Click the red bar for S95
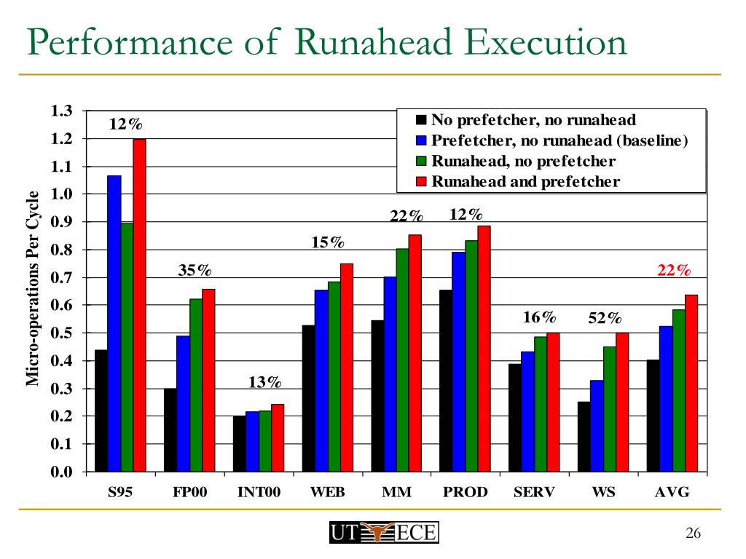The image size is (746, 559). pos(139,305)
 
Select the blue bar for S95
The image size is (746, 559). pos(114,323)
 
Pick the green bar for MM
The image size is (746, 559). pos(402,360)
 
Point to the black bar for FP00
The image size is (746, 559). pos(170,429)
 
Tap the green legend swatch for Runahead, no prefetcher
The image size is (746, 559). pos(420,162)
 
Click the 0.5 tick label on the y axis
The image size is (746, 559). pos(61,333)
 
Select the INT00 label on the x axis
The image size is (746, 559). pos(259,492)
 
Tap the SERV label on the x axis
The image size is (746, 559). pos(534,492)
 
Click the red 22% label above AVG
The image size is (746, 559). pos(673,271)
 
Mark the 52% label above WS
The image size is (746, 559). pos(605,318)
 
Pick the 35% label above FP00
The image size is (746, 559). pos(195,271)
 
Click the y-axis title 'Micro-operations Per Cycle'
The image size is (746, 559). pos(33,288)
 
